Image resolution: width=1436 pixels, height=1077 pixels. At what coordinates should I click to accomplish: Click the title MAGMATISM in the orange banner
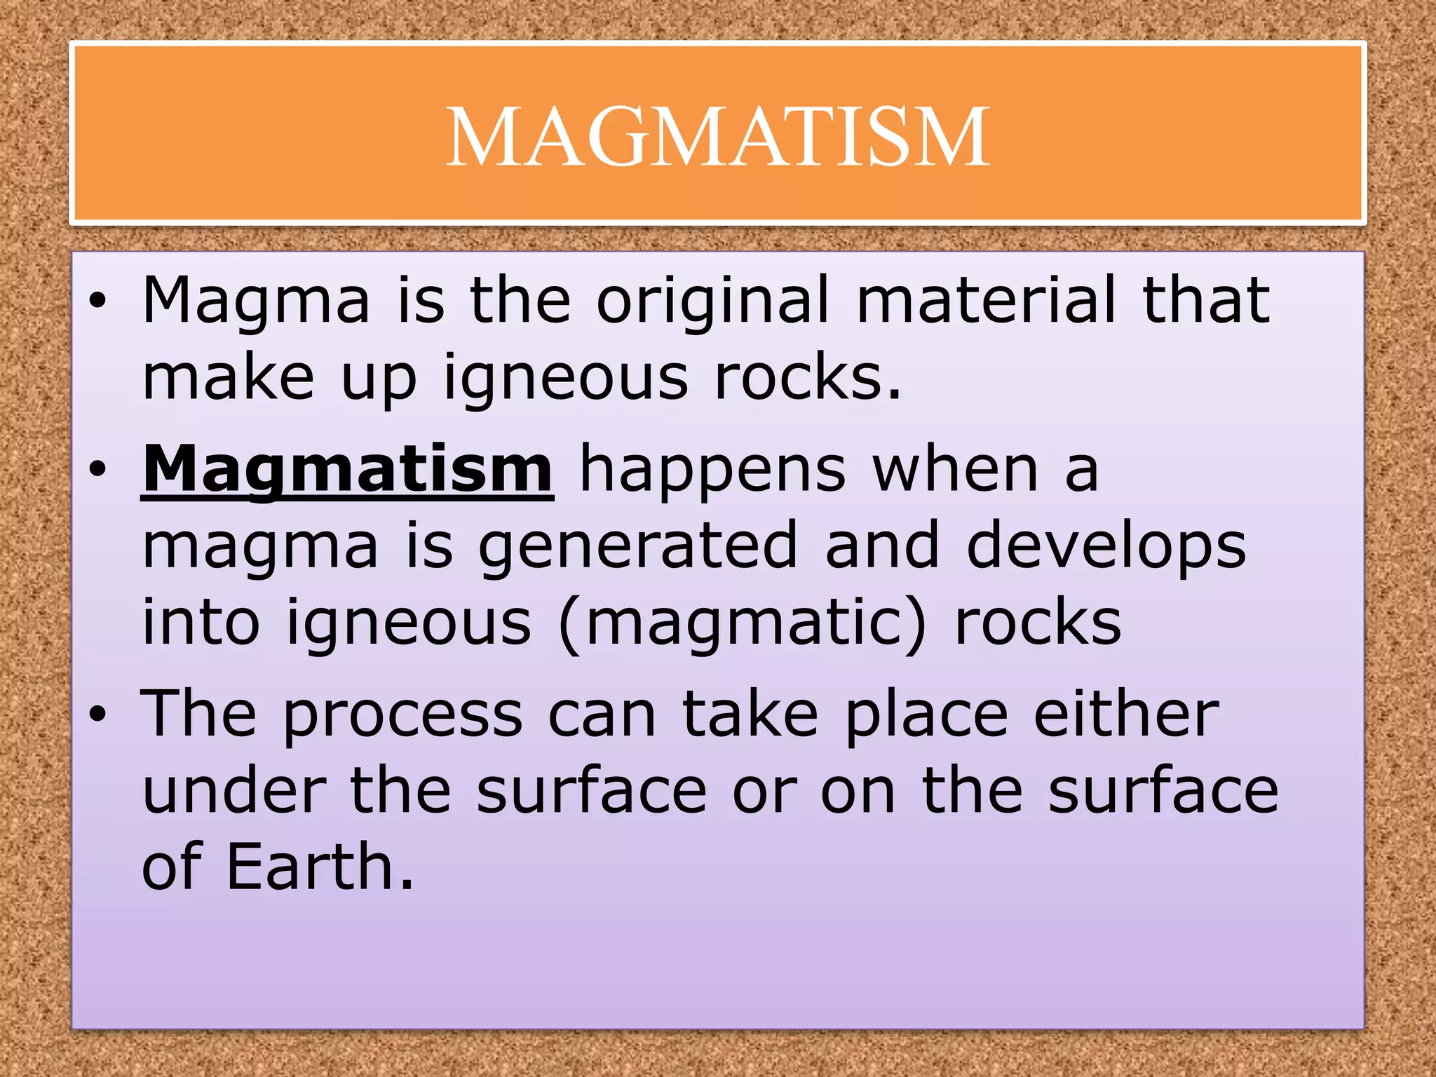tap(717, 136)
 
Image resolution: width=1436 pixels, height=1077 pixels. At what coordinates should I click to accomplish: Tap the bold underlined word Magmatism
tap(348, 469)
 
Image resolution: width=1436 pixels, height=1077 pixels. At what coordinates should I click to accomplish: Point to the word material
tap(985, 300)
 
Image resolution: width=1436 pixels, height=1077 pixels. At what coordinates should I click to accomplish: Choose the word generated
tap(637, 548)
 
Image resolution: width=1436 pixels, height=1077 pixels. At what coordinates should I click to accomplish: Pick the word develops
tap(1106, 548)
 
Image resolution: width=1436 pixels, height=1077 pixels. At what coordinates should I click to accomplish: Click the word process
tap(403, 716)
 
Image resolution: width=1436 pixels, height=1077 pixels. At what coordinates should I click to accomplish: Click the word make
tap(228, 377)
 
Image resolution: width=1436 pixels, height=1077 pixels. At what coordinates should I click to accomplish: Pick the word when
tap(955, 469)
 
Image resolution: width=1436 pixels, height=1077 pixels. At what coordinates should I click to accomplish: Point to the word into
tap(201, 622)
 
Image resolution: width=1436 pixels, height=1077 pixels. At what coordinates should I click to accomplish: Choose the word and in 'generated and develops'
tap(882, 546)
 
